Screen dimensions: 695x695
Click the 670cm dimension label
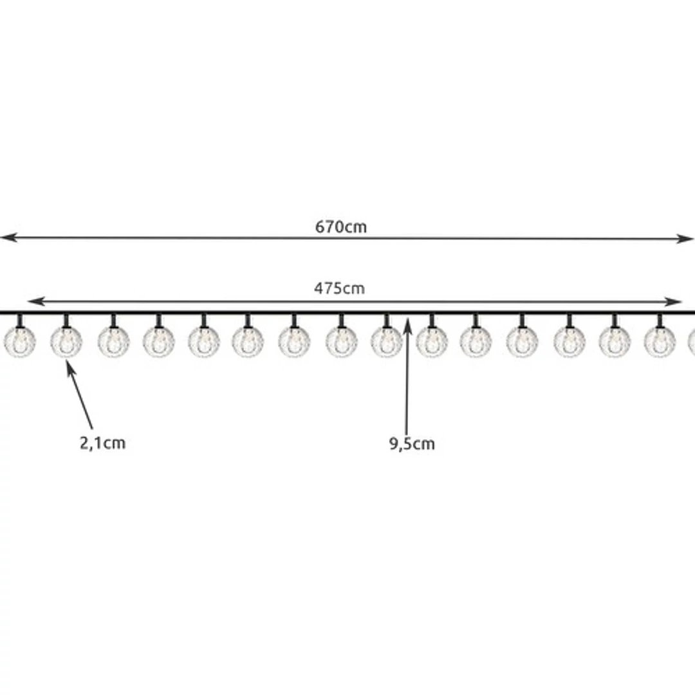click(341, 227)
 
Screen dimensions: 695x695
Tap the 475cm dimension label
click(340, 288)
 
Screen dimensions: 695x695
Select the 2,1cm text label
click(102, 443)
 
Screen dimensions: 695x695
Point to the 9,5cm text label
click(412, 443)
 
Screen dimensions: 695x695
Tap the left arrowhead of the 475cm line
click(36, 301)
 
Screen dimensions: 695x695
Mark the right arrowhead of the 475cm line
click(672, 302)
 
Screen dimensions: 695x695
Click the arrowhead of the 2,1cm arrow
click(70, 368)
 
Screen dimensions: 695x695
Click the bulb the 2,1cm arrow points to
click(66, 342)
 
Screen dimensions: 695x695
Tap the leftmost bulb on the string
click(19, 342)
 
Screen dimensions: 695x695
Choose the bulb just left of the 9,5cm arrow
click(386, 342)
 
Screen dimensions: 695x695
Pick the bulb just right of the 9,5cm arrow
click(432, 342)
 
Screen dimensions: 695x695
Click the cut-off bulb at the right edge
click(691, 342)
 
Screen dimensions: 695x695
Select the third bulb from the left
click(113, 342)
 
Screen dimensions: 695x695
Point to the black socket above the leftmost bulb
click(19, 320)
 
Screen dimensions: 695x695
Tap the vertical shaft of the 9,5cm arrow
click(407, 376)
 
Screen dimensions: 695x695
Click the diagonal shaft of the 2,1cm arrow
click(80, 396)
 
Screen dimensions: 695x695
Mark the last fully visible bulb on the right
click(660, 342)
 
